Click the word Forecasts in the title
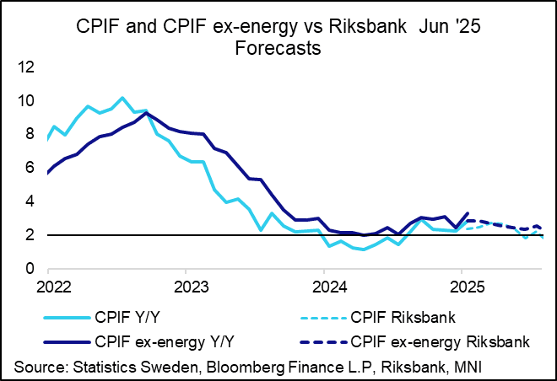278,49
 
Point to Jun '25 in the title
451,28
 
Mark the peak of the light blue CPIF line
122,98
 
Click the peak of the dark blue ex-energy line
147,113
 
